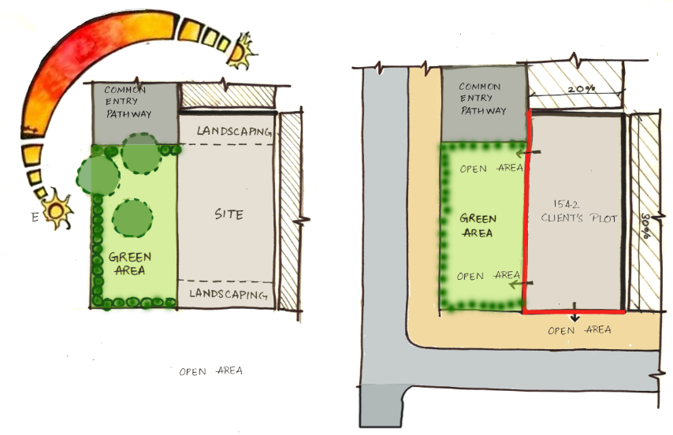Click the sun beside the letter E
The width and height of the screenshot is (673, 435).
point(57,210)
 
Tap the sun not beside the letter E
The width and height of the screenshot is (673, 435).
point(241,51)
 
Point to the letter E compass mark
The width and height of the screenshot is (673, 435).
point(35,217)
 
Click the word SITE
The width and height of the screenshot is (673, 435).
point(229,214)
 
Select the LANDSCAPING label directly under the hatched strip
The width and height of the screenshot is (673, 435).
point(234,132)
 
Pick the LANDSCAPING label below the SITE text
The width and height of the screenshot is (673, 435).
point(229,294)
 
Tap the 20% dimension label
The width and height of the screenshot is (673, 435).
point(582,89)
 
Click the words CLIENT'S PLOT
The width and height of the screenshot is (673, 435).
point(579,218)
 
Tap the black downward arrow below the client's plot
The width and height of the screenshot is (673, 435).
point(574,312)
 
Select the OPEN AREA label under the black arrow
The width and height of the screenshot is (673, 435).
point(579,330)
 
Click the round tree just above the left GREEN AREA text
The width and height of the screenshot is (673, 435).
point(132,218)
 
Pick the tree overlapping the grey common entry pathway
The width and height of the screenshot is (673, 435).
point(142,154)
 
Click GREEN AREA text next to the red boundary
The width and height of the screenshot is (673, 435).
point(478,225)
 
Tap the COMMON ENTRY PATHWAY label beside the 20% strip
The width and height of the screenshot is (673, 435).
point(482,99)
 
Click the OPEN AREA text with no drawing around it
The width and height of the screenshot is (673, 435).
point(210,371)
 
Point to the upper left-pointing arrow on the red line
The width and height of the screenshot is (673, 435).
point(528,152)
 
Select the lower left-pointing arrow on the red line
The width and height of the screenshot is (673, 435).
point(521,284)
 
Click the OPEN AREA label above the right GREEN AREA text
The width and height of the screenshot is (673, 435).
point(492,168)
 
